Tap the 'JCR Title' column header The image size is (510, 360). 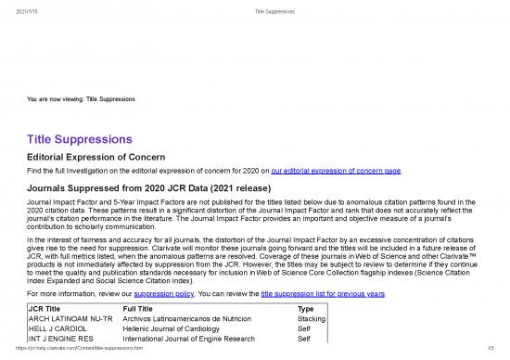(x=48, y=308)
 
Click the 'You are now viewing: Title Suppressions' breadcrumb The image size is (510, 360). (x=83, y=98)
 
